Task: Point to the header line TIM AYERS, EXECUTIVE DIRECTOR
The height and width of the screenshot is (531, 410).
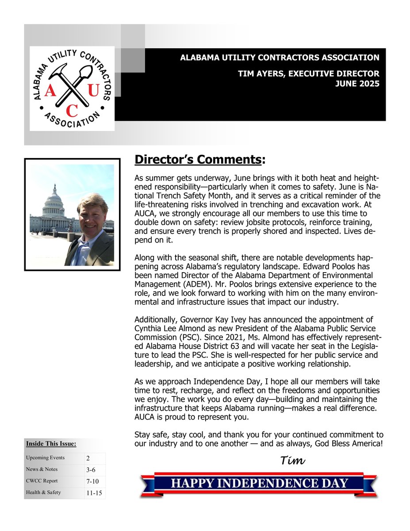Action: [x=308, y=73]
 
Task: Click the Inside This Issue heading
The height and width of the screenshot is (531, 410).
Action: [x=51, y=443]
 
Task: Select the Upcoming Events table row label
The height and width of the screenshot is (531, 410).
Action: [x=45, y=458]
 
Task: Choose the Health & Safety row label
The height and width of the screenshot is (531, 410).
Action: [x=43, y=492]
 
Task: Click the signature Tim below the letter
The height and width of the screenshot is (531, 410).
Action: [x=293, y=461]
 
